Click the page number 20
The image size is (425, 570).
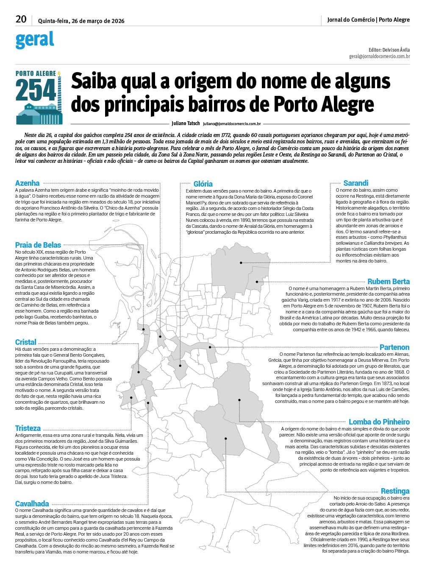pos(21,19)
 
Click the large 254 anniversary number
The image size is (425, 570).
pos(36,90)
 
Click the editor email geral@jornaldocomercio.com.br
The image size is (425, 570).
pos(379,56)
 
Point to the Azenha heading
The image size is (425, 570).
pos(27,183)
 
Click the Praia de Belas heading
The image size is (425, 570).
pos(38,245)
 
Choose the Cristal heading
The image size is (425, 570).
pos(25,342)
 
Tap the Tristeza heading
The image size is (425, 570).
pos(28,428)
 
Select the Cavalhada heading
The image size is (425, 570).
pos(32,504)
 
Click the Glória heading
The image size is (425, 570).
pos(203,184)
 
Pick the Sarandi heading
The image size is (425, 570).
pos(356,183)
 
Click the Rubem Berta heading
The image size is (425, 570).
pos(388,282)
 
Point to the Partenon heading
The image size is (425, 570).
pos(394,347)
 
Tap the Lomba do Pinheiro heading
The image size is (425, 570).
pos(379,422)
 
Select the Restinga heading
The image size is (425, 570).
pos(395,491)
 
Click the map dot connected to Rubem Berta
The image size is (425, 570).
pos(257,282)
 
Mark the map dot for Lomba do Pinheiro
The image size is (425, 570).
pos(239,400)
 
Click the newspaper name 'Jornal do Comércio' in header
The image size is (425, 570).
pos(351,20)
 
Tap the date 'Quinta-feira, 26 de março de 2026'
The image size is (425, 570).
pos(81,20)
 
